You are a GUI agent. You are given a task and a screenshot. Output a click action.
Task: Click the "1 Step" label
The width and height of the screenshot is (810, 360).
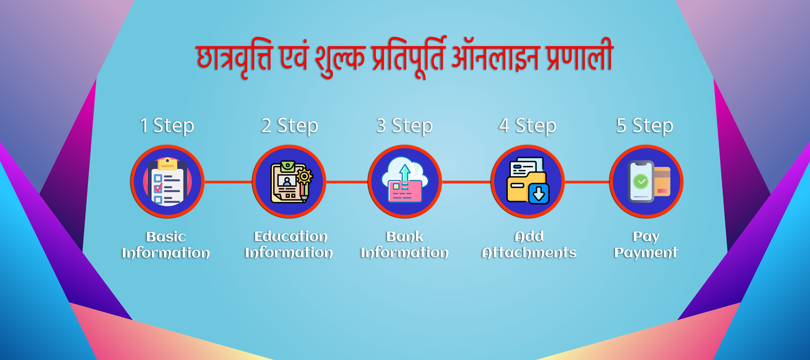[x=167, y=126]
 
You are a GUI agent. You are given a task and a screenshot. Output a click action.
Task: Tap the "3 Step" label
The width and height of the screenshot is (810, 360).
[x=404, y=126]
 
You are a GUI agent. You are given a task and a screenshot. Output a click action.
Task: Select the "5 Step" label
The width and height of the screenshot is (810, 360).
[x=645, y=126]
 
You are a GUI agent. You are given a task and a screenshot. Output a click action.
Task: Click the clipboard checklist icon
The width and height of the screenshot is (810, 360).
[x=168, y=182]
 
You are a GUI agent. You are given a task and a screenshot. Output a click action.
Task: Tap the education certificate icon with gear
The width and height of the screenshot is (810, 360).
[x=291, y=182]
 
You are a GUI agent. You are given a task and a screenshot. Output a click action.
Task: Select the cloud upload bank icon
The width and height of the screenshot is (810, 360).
[x=404, y=180]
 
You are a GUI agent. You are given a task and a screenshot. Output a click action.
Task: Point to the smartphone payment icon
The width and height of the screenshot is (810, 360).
[x=649, y=181]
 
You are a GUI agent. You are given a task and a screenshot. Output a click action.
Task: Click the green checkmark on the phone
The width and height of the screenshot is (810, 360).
[x=641, y=181]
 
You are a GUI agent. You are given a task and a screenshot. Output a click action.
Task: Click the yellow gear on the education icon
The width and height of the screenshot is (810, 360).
[x=304, y=177]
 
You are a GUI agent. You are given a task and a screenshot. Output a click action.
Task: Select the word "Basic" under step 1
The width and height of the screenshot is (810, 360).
[x=166, y=237]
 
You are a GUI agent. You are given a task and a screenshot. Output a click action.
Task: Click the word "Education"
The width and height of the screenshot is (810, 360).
[x=291, y=236]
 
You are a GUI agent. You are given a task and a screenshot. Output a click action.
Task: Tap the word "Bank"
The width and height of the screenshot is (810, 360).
[x=404, y=236]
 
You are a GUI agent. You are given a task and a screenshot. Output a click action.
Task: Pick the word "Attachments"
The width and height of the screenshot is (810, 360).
[x=529, y=253]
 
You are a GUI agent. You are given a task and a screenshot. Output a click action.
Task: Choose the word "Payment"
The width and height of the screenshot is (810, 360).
[x=646, y=253]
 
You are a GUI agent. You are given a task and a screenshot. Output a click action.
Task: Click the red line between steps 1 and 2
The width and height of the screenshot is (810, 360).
[x=228, y=182]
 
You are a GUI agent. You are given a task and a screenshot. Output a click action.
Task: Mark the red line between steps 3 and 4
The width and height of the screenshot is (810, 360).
[x=466, y=182]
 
